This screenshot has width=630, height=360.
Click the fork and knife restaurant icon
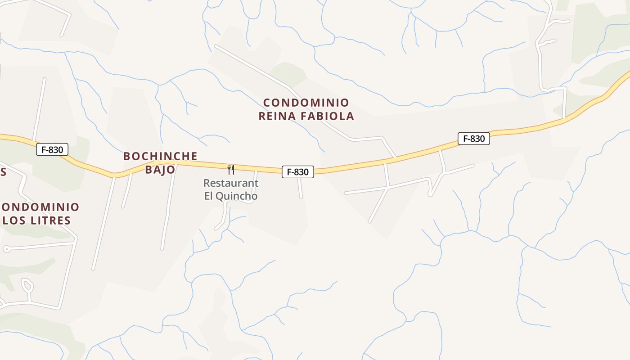pos(231,170)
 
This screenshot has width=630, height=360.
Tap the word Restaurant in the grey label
pos(231,183)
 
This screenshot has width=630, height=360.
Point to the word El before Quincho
pos(209,196)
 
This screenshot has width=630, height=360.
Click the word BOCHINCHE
pos(160,156)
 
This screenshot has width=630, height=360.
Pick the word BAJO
pos(160,170)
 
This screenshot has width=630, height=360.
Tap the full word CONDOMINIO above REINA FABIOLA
pos(306,103)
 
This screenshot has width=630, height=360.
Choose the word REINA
pos(277,116)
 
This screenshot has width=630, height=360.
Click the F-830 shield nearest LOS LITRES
pos(52,149)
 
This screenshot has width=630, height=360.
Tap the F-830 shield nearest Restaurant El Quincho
pos(297,171)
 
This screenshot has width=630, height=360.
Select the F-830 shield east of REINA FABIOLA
pos(473,139)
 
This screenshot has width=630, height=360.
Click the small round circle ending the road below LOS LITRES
pos(6,249)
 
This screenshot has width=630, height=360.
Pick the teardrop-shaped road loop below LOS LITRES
pos(27,285)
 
